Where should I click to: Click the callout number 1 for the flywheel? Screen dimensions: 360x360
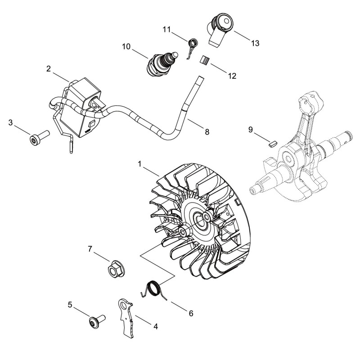click(139, 164)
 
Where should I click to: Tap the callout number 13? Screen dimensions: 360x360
click(255, 43)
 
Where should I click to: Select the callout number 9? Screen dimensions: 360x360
click(251, 130)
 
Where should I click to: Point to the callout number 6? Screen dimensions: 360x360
click(191, 313)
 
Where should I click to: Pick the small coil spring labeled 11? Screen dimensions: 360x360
click(192, 47)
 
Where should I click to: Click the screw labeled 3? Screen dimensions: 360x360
click(40, 138)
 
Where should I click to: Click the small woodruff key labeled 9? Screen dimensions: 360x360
click(273, 144)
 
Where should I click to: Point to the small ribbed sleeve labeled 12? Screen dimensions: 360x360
click(204, 61)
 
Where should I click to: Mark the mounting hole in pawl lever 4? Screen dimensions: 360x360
click(123, 305)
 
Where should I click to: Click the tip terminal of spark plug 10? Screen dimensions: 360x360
click(175, 54)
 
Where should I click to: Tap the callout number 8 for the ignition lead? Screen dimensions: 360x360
click(207, 132)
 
